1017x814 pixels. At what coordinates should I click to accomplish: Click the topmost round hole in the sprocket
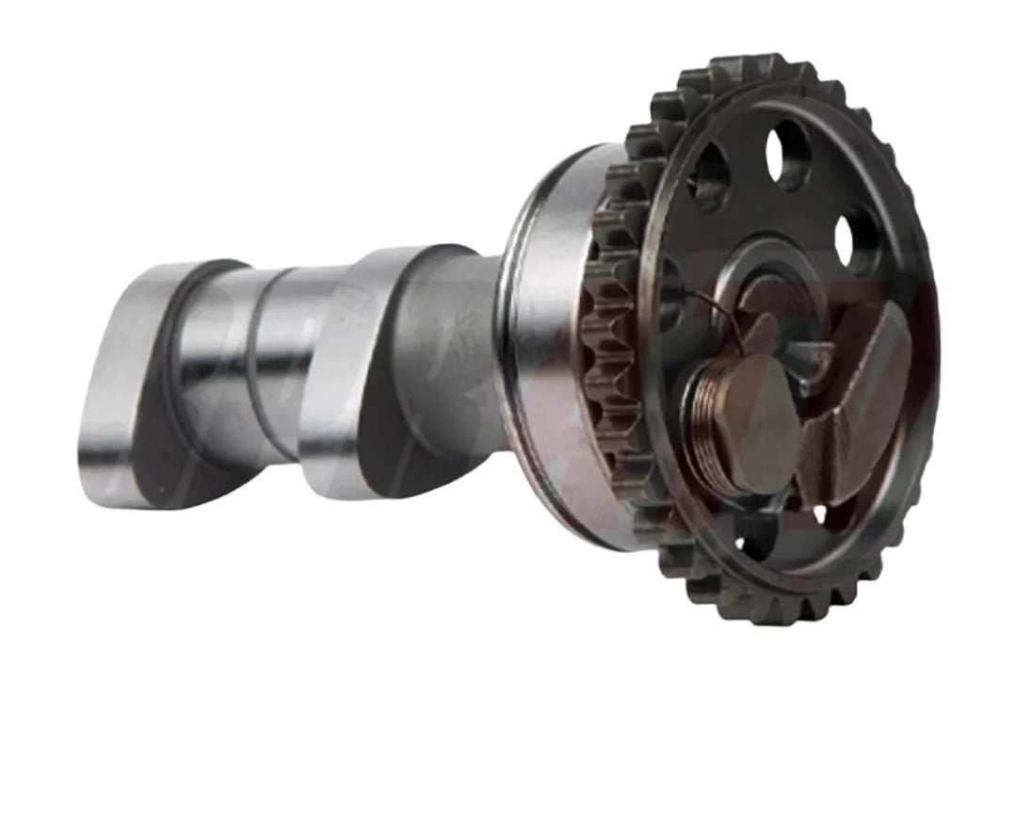(789, 153)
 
